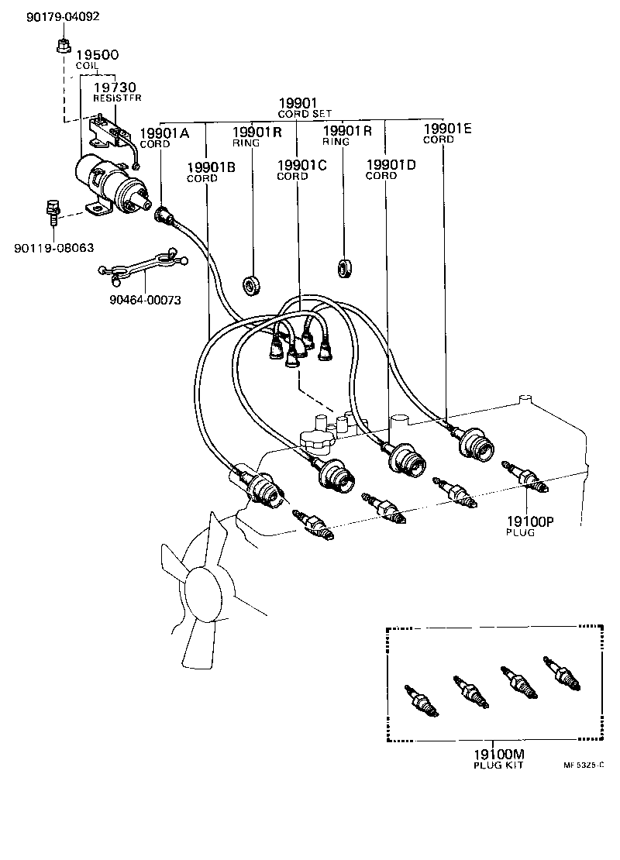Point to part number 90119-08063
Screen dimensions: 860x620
53,248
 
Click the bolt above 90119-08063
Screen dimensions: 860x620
52,210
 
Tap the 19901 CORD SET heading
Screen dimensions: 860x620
305,107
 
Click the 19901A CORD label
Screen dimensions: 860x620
164,137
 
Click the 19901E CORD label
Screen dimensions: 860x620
447,133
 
